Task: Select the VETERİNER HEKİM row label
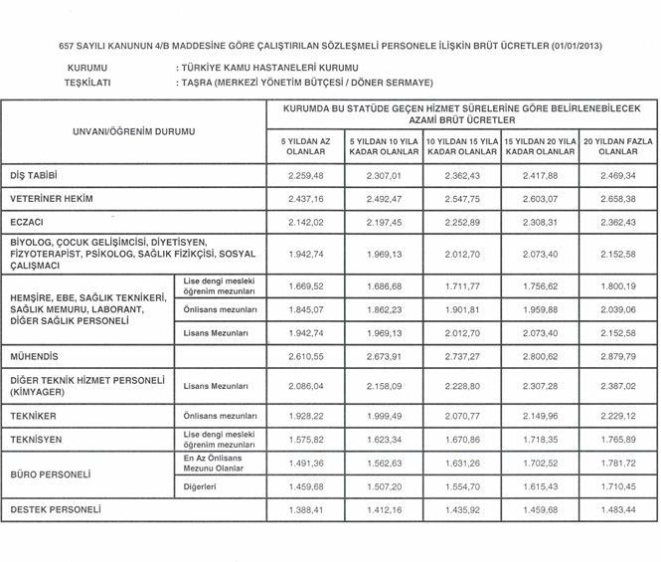click(52, 198)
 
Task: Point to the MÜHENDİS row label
click(34, 355)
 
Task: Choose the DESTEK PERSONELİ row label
click(56, 509)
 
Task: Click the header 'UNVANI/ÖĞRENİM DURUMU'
click(134, 131)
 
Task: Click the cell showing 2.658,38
click(617, 198)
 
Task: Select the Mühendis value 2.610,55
click(306, 355)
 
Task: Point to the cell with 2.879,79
click(617, 355)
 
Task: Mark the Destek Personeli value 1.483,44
click(617, 509)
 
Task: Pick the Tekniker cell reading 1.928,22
click(306, 415)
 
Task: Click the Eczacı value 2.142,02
click(306, 221)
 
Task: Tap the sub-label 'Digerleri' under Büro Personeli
click(202, 486)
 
